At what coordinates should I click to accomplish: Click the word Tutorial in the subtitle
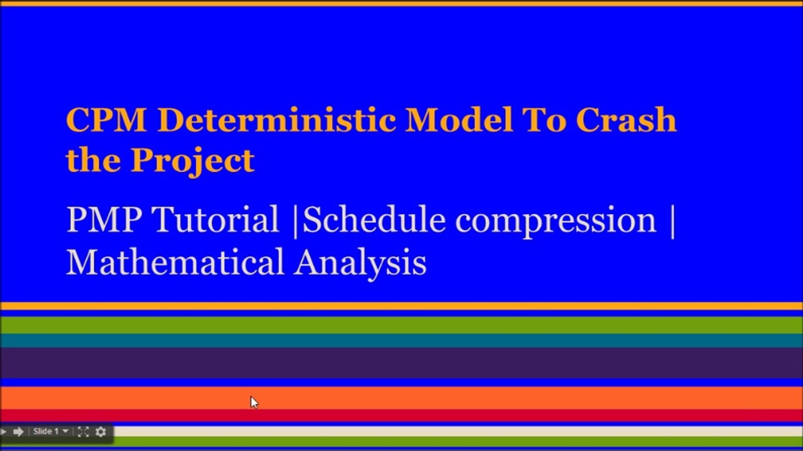[x=215, y=220]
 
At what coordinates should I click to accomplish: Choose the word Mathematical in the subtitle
[x=175, y=262]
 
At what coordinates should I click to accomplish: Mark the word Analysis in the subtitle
[x=360, y=262]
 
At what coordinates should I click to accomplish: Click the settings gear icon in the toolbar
[x=100, y=432]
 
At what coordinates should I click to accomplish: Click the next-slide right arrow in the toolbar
[x=18, y=432]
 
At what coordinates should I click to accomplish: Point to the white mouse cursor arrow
[x=254, y=402]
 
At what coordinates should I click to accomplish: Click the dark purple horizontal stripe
[x=401, y=363]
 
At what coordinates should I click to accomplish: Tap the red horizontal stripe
[x=401, y=415]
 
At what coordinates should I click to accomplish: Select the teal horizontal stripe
[x=401, y=340]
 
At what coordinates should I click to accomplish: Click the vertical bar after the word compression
[x=672, y=220]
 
